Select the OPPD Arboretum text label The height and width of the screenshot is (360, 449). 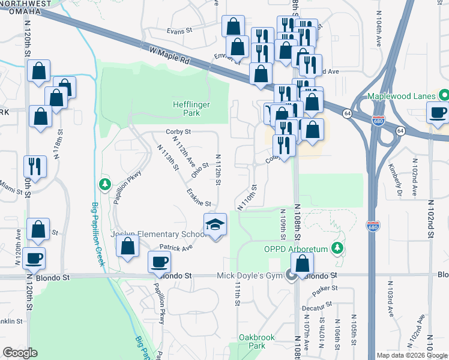click(297, 249)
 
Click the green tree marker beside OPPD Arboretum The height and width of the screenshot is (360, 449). click(338, 247)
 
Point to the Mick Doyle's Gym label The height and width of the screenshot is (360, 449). click(251, 275)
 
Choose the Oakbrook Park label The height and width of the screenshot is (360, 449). click(256, 341)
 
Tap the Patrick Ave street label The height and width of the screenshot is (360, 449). click(176, 247)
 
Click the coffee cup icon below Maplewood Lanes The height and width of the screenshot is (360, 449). click(438, 112)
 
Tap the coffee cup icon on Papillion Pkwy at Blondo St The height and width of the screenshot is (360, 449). click(160, 262)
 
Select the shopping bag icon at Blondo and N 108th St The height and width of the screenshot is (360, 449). click(303, 263)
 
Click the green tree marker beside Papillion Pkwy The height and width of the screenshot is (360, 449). click(105, 183)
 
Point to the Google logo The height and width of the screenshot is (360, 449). click(20, 353)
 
